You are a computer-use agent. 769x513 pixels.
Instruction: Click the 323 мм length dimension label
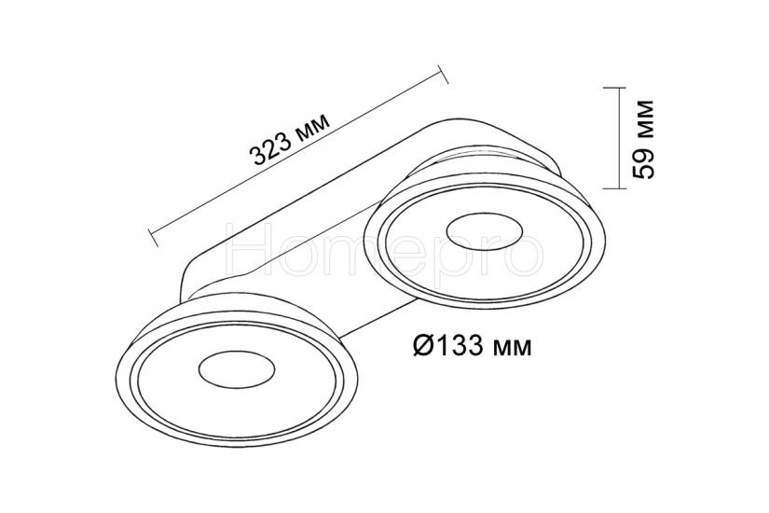[x=290, y=141]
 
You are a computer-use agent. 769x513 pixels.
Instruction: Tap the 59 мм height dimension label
[x=643, y=139]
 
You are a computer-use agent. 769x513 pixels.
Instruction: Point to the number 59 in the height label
[x=643, y=162]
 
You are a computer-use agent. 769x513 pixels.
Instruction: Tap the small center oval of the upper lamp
[x=485, y=231]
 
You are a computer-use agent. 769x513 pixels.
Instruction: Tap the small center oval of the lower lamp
[x=237, y=369]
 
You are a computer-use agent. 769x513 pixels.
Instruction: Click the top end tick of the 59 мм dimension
[x=614, y=88]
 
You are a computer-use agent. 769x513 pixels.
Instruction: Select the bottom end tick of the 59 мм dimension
[x=614, y=188]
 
